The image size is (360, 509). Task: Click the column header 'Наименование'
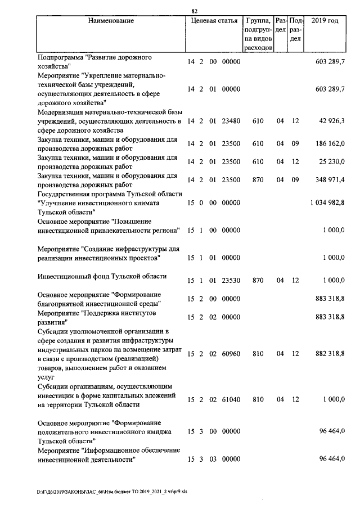coord(111,21)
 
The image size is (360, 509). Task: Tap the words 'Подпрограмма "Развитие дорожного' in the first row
coord(95,57)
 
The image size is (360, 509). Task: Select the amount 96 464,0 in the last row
coord(332,460)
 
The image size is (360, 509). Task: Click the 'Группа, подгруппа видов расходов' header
coord(259,34)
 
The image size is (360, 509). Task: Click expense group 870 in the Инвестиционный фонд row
coord(258,280)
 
